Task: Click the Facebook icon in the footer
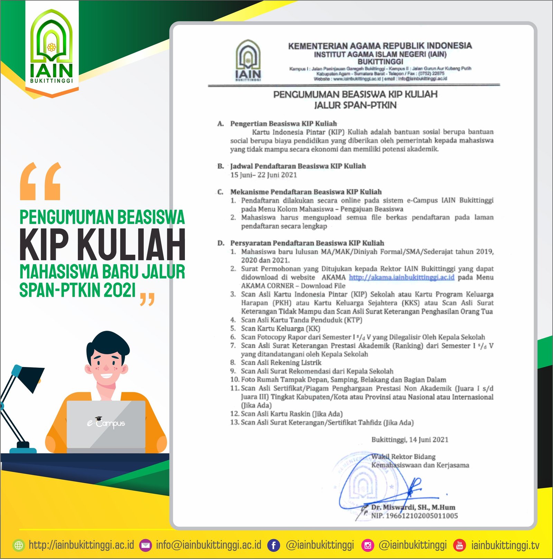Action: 273,546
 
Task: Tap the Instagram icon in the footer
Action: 368,546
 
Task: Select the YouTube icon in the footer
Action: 459,546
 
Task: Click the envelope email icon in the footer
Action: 146,546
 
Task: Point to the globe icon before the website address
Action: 19,546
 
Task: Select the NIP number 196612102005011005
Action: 414,516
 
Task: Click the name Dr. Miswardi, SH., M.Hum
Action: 413,507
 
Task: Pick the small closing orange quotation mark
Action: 147,299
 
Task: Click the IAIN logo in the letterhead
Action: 248,61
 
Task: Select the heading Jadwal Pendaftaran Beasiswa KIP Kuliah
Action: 298,166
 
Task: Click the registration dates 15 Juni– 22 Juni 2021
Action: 263,175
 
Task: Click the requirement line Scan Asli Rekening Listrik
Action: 281,363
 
